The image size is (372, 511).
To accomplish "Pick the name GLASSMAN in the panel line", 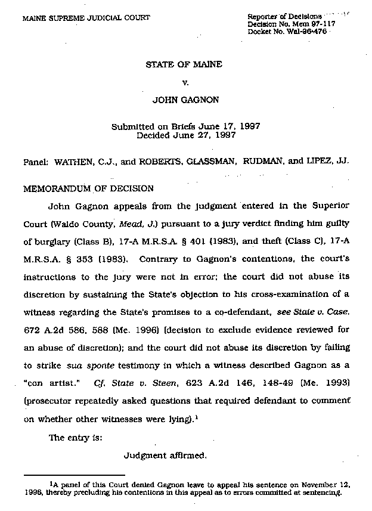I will coord(218,161).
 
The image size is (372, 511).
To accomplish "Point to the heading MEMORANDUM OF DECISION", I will coord(88,188).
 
